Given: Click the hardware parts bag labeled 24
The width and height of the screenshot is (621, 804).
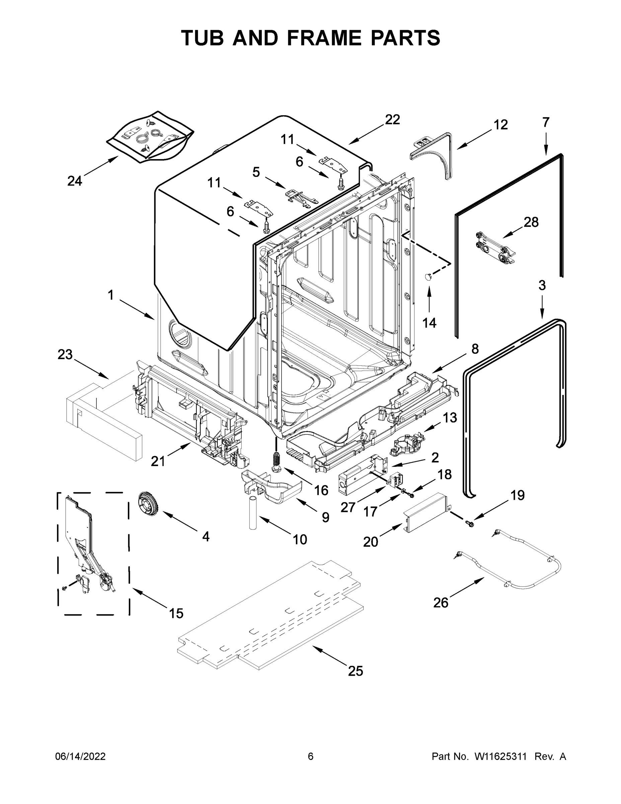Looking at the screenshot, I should tap(151, 137).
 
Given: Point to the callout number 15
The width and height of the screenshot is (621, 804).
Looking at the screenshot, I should tap(176, 613).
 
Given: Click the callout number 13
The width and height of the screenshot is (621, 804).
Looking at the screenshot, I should tap(450, 417).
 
